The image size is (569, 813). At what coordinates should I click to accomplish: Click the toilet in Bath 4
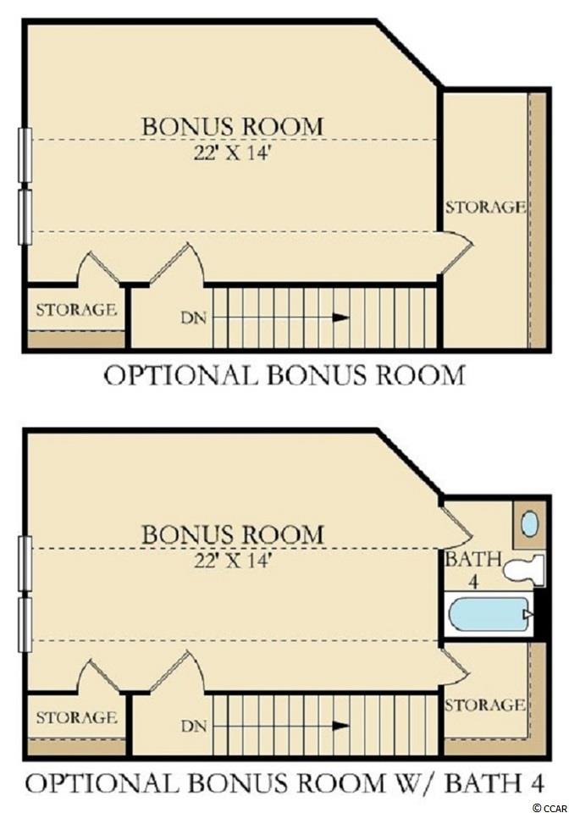pos(524,570)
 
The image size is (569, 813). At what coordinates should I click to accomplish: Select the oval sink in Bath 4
pos(529,524)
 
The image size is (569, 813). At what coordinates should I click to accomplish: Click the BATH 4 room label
pos(473,569)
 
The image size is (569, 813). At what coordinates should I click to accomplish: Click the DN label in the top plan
pos(194,318)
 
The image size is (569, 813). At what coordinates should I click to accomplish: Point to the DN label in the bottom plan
pos(194,726)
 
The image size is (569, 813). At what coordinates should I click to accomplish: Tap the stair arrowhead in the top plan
pos(340,318)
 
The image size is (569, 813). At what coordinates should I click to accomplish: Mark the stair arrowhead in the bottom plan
pos(340,726)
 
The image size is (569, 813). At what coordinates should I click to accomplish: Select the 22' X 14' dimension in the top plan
pos(233,153)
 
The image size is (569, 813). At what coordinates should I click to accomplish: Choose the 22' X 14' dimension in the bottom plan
pos(233,561)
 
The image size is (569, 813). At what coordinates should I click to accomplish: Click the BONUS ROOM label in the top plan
pos(233,126)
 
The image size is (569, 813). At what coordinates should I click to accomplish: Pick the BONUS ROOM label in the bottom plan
pos(233,534)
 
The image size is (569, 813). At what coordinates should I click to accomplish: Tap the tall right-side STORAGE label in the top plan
pos(485,207)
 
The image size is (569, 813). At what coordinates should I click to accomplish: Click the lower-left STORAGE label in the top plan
pos(76,310)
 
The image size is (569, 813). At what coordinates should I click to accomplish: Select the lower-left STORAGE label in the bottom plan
pos(76,717)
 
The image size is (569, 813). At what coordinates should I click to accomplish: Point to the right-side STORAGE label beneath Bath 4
pos(485,705)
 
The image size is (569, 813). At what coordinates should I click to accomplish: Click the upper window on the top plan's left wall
pos(25,154)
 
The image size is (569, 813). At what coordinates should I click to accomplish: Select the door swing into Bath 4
pos(456,523)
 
